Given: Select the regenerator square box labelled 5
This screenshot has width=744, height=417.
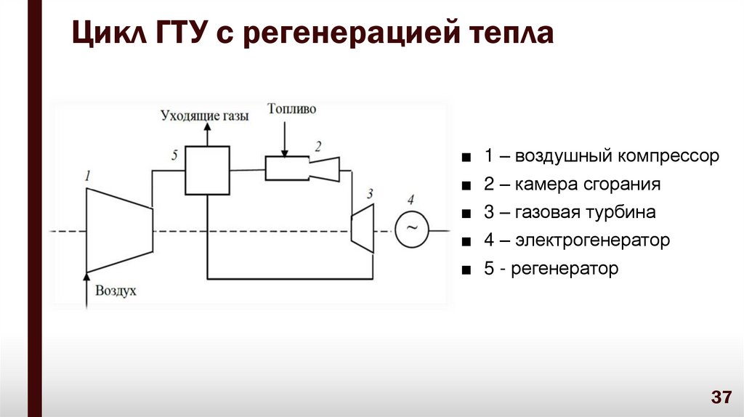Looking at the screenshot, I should [207, 171].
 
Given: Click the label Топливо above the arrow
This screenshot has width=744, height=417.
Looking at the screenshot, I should [291, 109].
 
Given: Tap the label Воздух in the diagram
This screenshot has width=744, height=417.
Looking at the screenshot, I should [116, 291].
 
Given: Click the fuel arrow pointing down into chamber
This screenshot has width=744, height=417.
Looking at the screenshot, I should [286, 138].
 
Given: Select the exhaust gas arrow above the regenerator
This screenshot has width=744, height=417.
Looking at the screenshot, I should [207, 134].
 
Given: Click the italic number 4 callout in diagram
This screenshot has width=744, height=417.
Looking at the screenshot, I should [411, 200].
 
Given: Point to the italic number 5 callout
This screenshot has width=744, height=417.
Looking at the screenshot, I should [175, 155].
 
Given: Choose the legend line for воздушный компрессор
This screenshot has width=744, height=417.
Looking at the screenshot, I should [602, 156].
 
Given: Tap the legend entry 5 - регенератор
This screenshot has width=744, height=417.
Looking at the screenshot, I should [551, 269].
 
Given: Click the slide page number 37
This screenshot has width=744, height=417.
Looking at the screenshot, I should [721, 397].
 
